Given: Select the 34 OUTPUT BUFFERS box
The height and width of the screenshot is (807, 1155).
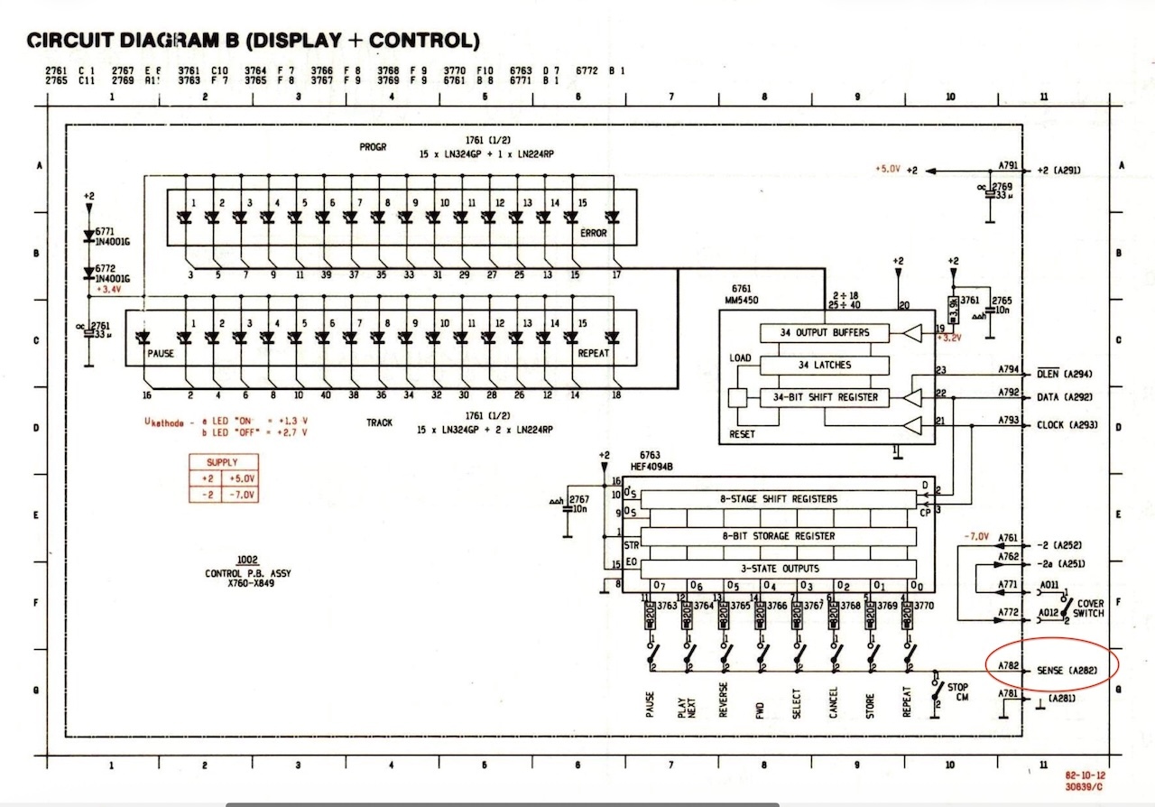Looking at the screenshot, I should point(825,333).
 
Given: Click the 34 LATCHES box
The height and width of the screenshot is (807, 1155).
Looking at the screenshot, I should point(825,365).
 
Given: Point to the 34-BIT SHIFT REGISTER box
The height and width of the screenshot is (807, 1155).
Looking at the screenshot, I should point(825,397).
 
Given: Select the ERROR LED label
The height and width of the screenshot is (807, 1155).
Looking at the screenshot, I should point(593,233).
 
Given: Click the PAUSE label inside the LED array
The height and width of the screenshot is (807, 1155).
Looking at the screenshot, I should point(161,354).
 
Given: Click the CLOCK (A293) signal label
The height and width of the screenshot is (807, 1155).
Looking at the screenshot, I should point(1067,424).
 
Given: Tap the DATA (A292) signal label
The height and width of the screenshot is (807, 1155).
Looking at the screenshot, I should point(1065,397).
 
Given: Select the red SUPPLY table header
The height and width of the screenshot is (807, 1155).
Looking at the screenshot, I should point(222,462).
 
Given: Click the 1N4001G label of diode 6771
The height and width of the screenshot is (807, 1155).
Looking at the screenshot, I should point(115,242).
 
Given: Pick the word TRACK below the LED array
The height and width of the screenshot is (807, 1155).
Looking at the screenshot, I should point(379,422).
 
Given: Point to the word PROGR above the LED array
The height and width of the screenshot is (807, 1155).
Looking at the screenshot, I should point(373,146).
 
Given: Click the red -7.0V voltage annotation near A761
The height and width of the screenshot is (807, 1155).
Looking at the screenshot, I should point(977,536).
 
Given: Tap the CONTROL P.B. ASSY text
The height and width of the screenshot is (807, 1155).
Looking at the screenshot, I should point(248,574).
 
